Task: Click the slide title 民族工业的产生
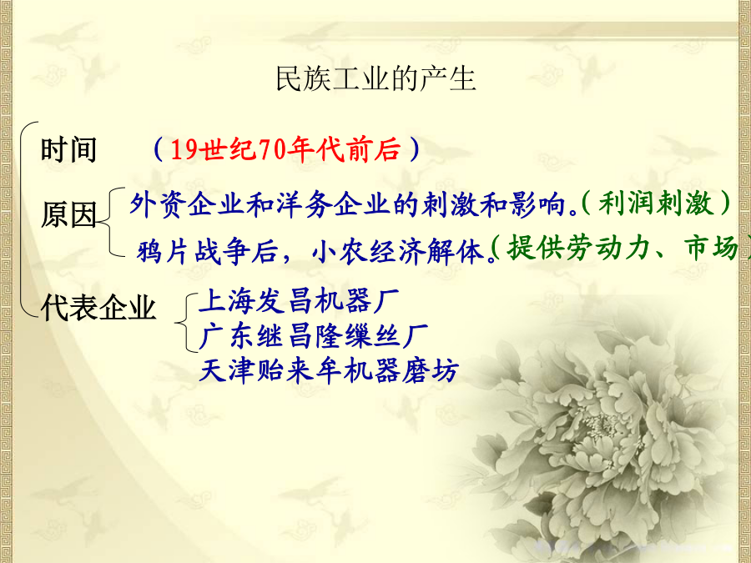(x=376, y=78)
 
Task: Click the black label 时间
(x=69, y=149)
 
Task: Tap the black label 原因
(x=69, y=214)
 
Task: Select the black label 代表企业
(x=98, y=307)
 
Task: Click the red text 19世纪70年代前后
(x=285, y=149)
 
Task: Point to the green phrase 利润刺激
(x=655, y=204)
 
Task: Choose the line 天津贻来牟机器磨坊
(x=329, y=370)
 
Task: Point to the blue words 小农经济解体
(x=397, y=251)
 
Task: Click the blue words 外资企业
(x=187, y=205)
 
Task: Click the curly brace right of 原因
(x=109, y=222)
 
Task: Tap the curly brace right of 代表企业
(x=186, y=322)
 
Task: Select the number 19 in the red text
(x=184, y=150)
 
